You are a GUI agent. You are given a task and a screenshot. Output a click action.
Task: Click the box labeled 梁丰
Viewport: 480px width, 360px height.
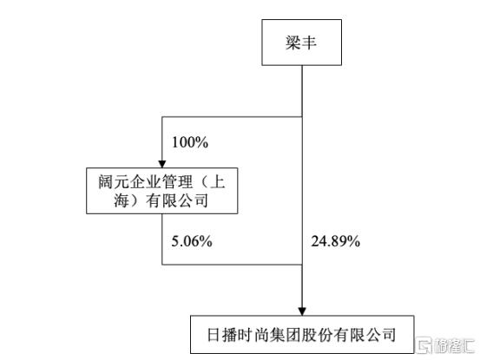pos(301,43)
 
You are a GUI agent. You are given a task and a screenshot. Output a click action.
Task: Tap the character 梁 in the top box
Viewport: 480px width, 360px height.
pos(293,43)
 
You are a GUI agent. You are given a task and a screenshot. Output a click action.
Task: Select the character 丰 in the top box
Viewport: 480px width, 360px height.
pos(309,43)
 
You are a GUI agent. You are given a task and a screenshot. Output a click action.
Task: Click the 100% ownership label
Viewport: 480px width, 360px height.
pos(190,142)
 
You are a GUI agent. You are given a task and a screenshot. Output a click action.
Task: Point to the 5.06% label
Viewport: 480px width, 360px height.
pos(192,241)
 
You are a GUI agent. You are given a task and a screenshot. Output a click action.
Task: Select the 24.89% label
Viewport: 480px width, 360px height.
pos(336,241)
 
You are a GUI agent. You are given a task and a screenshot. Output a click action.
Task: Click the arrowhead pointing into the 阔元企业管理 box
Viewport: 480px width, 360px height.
pos(162,164)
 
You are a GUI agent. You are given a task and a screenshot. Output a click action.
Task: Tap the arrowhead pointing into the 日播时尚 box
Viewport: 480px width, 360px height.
pos(302,311)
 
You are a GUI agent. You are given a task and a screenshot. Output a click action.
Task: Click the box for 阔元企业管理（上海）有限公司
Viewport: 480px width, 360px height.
pos(162,191)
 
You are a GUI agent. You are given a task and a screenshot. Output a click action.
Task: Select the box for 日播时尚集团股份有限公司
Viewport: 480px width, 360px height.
pos(302,335)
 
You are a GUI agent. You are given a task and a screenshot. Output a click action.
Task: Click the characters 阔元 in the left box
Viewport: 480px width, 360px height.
pos(114,181)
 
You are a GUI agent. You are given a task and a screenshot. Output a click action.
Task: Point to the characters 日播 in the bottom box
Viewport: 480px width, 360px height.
pos(222,335)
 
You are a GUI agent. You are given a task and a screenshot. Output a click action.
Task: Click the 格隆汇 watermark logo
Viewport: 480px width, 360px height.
pos(446,345)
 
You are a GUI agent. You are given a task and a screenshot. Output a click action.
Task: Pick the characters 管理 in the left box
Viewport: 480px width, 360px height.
pos(177,181)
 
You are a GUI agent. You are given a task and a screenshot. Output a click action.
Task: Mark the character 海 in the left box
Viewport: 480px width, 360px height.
pos(122,201)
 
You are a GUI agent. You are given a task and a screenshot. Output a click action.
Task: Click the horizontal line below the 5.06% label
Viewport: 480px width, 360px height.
pos(232,265)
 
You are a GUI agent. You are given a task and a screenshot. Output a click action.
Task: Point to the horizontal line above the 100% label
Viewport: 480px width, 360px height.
pos(232,117)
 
